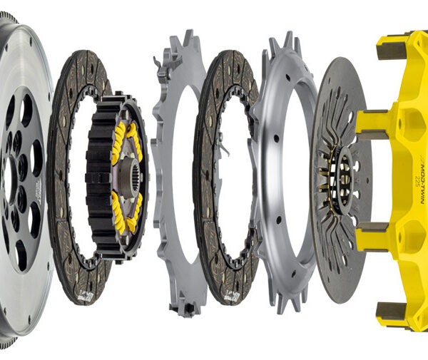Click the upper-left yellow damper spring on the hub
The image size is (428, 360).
tap(117, 139)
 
